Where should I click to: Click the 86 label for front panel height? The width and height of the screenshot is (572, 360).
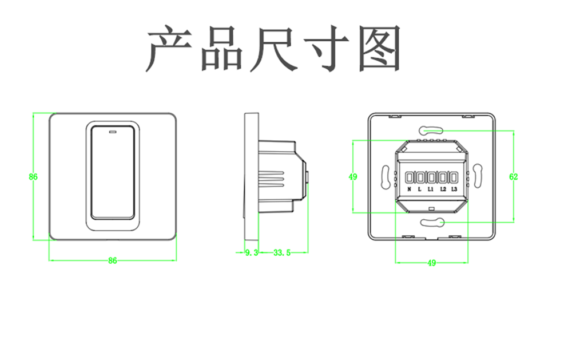[x=33, y=177]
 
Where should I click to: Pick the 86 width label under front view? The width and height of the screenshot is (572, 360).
[x=112, y=260]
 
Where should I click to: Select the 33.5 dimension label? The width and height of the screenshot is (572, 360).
[x=282, y=252]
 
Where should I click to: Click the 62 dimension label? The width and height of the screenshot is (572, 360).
[x=513, y=177]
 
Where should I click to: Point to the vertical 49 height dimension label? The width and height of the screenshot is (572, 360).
[x=353, y=177]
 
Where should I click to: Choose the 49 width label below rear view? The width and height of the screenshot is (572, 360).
[x=431, y=263]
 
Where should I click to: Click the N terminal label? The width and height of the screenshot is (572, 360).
[x=409, y=189]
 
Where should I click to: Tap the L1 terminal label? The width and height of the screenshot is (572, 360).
[x=431, y=189]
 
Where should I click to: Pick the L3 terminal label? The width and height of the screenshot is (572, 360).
[x=454, y=189]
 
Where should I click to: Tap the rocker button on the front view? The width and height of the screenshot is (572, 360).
[x=112, y=175]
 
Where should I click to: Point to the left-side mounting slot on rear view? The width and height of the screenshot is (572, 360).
[x=385, y=176]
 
